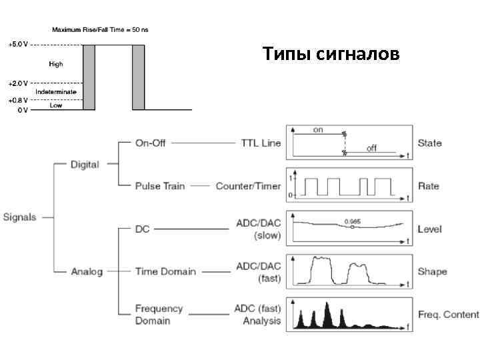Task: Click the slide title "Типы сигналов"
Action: (331, 53)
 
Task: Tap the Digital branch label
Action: (85, 164)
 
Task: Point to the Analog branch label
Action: (87, 271)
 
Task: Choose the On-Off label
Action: (150, 143)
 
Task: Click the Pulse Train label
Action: (159, 186)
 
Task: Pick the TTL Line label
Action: (261, 143)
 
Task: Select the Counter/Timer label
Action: (248, 186)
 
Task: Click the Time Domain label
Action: (165, 271)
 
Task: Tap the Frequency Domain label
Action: (159, 314)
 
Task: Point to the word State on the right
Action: (429, 143)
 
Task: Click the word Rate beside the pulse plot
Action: (428, 186)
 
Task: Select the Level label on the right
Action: (429, 229)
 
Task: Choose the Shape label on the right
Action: (432, 271)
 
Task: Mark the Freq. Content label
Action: (448, 314)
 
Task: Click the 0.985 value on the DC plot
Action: (352, 221)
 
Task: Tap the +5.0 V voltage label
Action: (18, 44)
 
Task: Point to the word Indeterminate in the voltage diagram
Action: (56, 91)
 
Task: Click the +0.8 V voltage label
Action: (18, 100)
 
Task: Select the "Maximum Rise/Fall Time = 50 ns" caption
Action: (100, 30)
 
